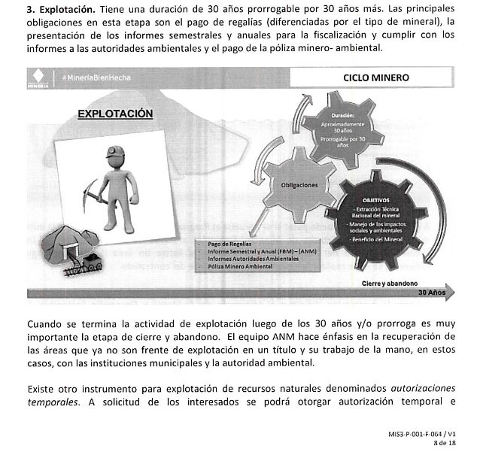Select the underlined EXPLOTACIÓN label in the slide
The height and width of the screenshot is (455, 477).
click(x=115, y=114)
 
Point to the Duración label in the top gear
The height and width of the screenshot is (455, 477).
click(x=352, y=116)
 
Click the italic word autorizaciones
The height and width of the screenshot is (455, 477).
click(x=424, y=388)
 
